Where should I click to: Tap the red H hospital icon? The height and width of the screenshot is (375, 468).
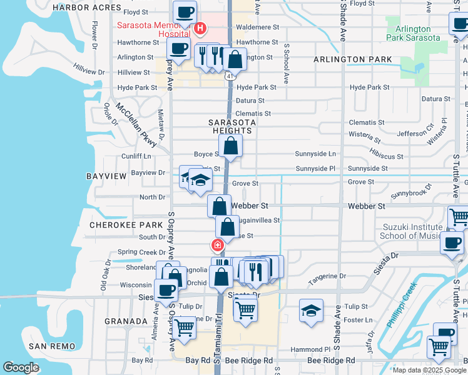pos(200,28)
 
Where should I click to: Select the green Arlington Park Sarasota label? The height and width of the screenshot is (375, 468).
pos(413,34)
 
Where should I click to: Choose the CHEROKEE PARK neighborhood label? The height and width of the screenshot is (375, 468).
pos(118,224)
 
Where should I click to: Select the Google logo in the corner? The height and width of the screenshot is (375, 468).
pos(21,367)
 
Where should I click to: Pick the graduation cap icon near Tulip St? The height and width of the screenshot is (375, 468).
pos(311,310)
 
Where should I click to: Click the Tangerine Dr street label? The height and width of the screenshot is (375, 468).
pos(327,276)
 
